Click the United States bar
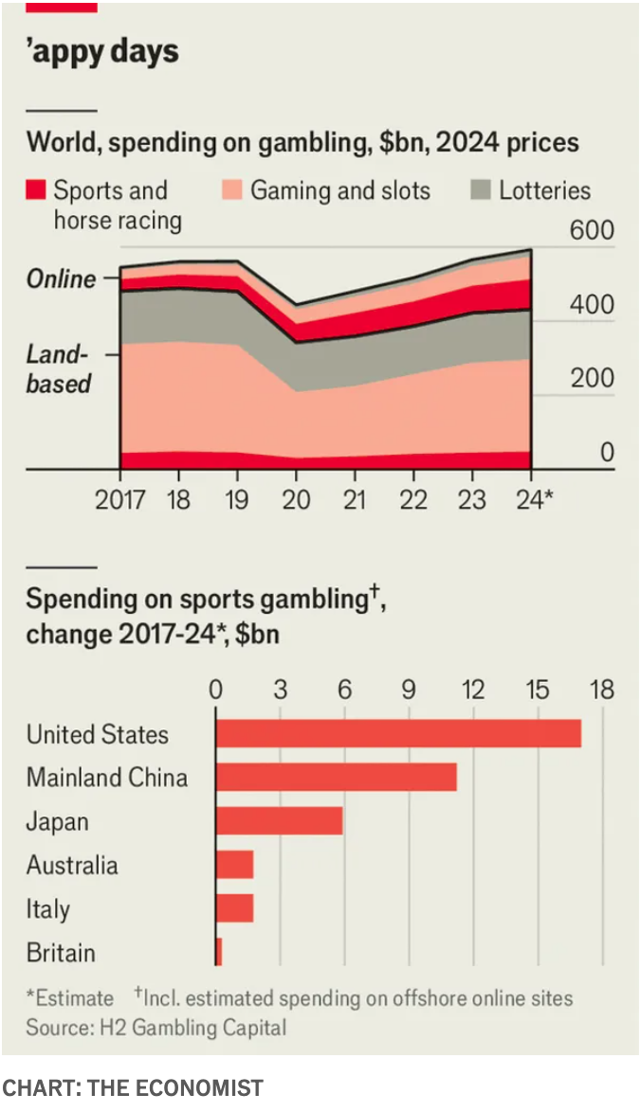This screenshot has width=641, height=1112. click(398, 733)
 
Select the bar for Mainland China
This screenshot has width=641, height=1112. click(336, 777)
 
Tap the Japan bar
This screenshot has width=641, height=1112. click(279, 820)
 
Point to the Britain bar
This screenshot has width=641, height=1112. click(219, 952)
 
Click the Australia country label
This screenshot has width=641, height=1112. click(72, 865)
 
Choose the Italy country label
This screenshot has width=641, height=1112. click(47, 909)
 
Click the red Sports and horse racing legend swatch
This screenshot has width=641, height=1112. click(36, 190)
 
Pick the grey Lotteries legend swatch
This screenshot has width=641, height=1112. click(482, 190)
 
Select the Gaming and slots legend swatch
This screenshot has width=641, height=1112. click(233, 190)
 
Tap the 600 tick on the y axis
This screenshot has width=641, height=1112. click(592, 231)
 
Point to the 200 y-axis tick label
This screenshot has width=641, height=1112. click(592, 379)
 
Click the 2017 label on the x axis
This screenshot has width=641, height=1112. click(120, 499)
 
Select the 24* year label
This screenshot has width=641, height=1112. click(533, 499)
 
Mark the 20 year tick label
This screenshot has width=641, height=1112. click(296, 499)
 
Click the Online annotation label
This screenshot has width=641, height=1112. click(62, 278)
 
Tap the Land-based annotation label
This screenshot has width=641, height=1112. click(59, 369)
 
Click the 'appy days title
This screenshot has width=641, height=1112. click(102, 51)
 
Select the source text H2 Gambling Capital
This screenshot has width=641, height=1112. click(156, 1026)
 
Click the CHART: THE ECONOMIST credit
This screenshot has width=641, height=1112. click(132, 1088)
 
